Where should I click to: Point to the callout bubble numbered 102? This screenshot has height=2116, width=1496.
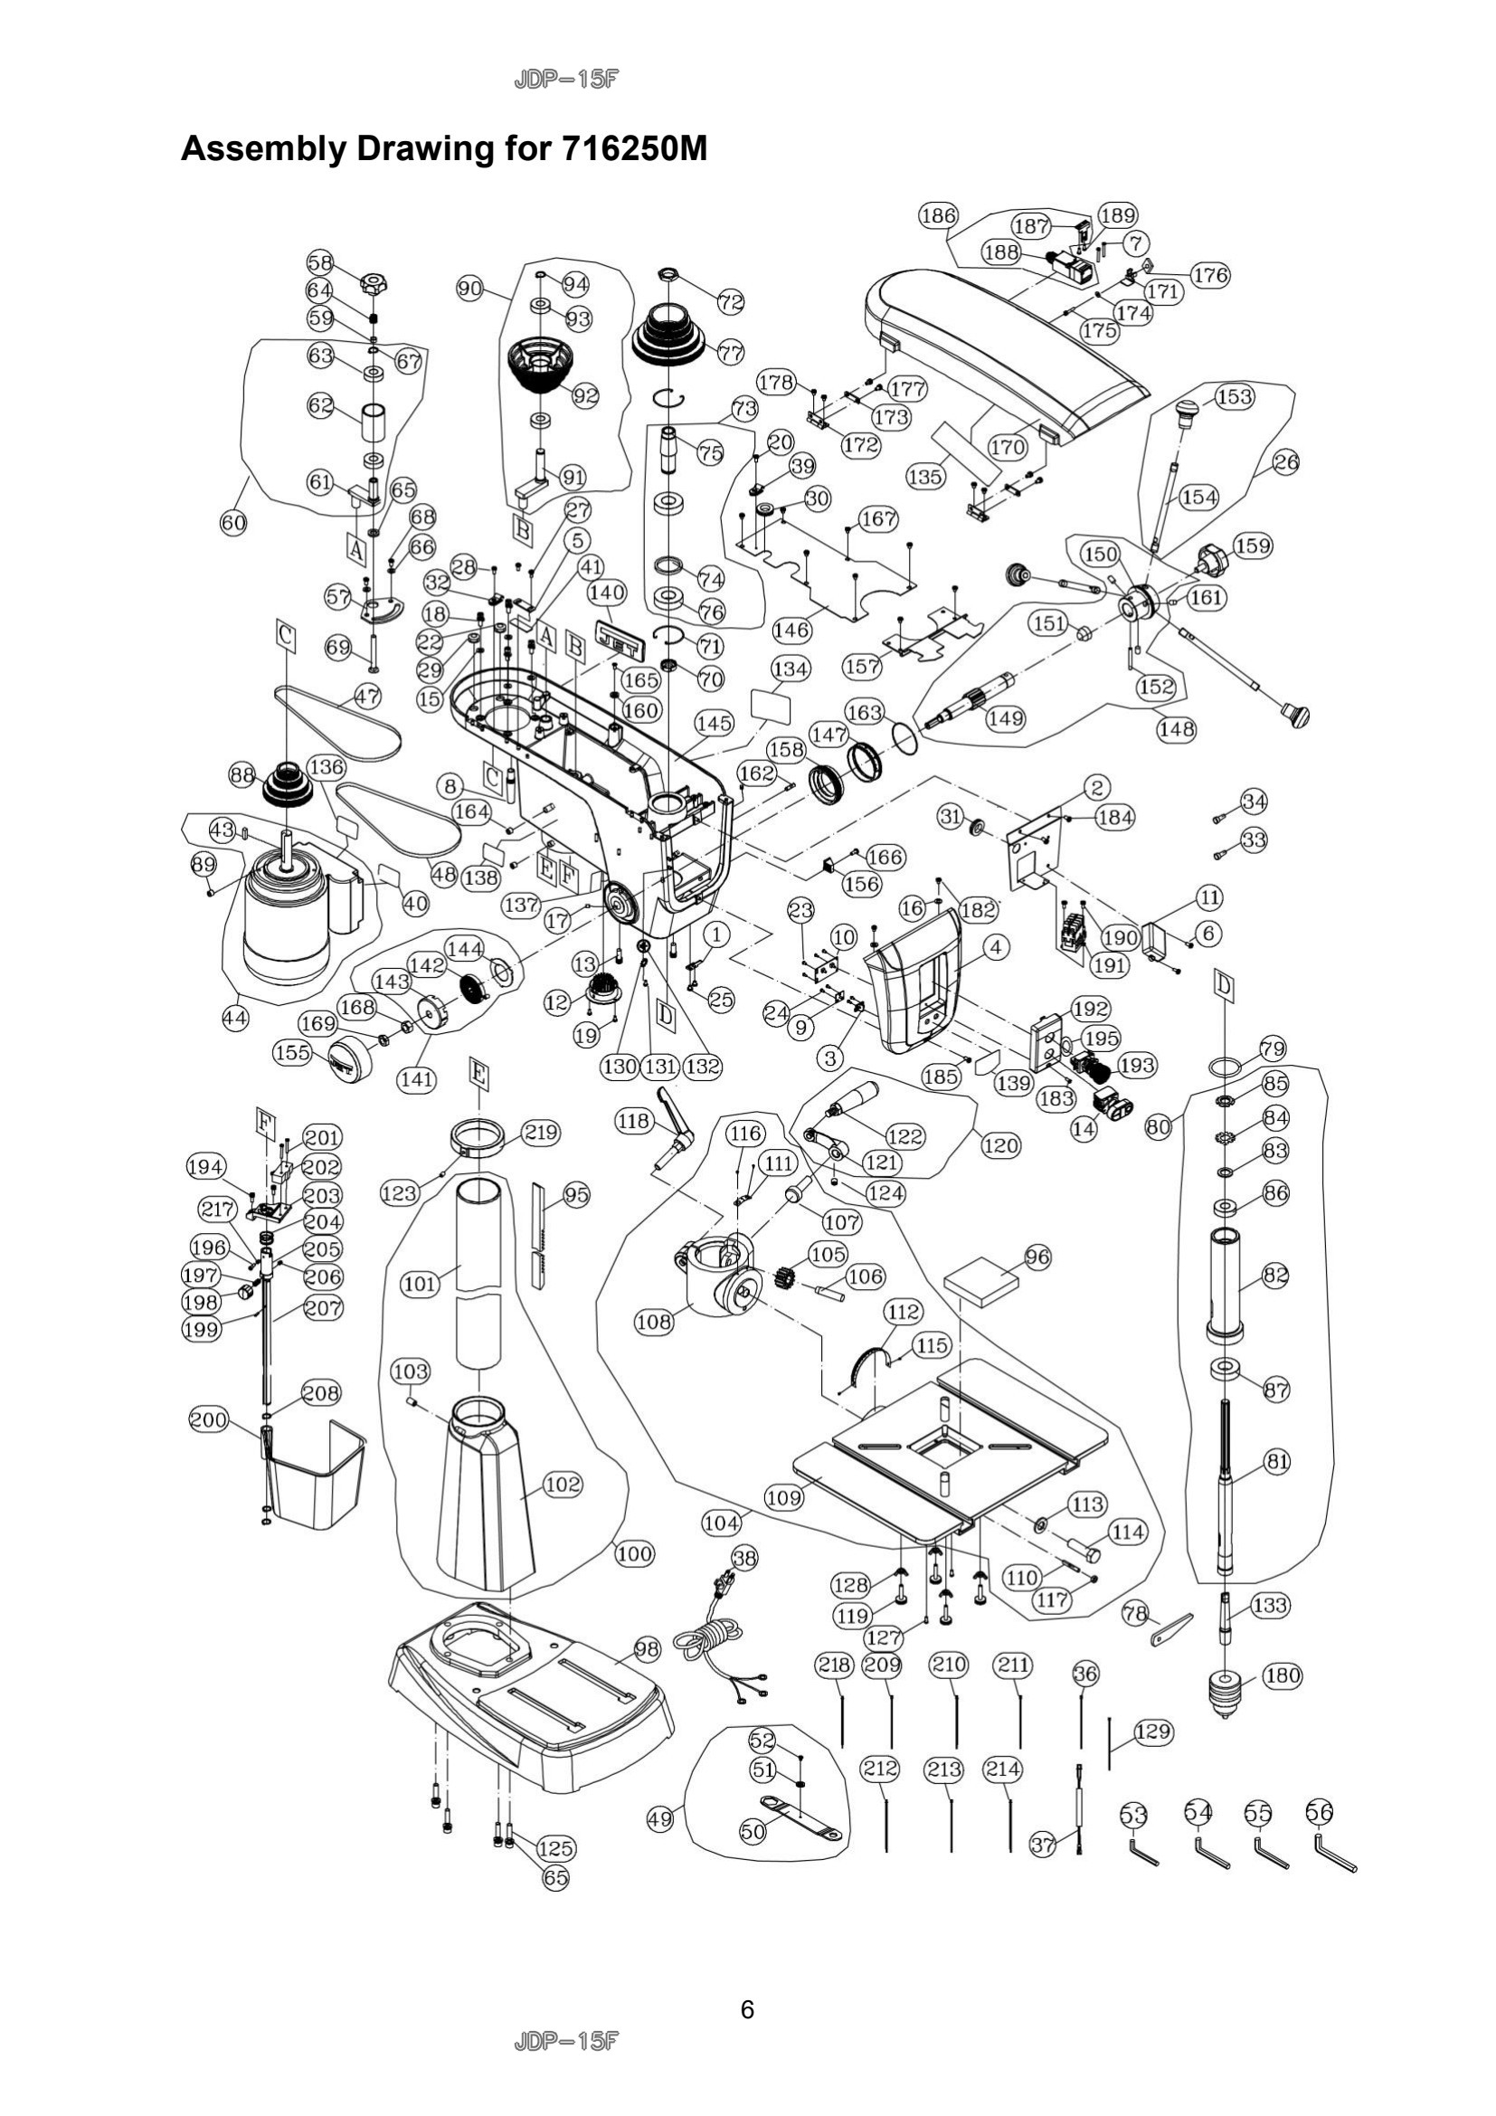pyautogui.click(x=563, y=1484)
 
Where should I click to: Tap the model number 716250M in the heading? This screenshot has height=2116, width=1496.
pyautogui.click(x=633, y=147)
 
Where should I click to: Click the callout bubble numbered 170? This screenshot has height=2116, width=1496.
pyautogui.click(x=1007, y=447)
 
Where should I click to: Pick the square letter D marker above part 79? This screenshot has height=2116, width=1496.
pyautogui.click(x=1225, y=987)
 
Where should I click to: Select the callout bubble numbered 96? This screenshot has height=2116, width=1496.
pyautogui.click(x=1037, y=1257)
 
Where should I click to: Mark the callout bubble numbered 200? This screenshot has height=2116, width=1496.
pyautogui.click(x=208, y=1419)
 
